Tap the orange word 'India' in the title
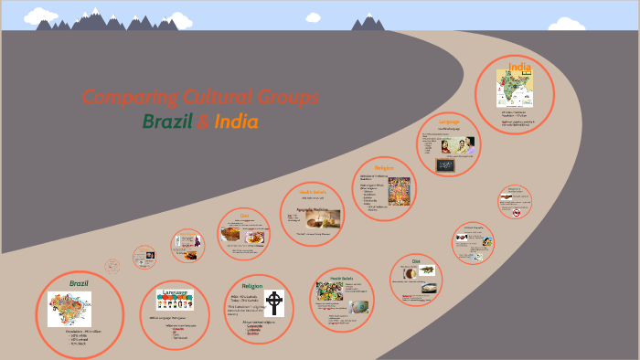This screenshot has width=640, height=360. pyautogui.click(x=236, y=122)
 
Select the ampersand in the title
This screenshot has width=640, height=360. pyautogui.click(x=203, y=122)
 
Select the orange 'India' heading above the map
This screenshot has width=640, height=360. pyautogui.click(x=520, y=66)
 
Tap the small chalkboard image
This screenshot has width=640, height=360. pyautogui.click(x=446, y=165)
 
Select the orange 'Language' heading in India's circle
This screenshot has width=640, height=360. pyautogui.click(x=448, y=122)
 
